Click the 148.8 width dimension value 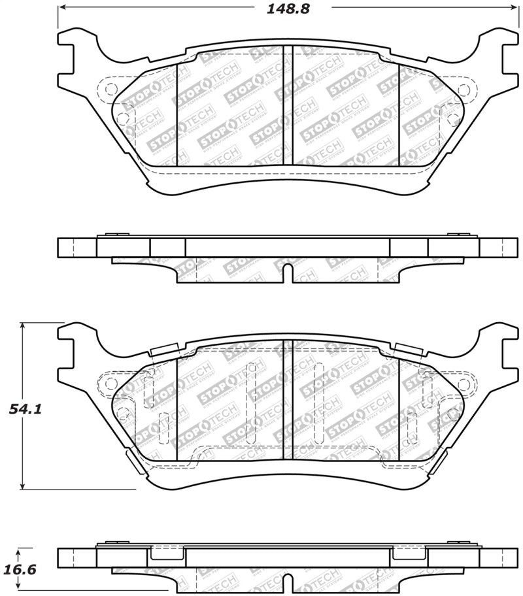pos(288,9)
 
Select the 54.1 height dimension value pos(25,410)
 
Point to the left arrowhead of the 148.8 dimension pos(62,8)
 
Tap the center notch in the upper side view pos(287,273)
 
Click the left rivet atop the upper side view pos(112,234)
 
